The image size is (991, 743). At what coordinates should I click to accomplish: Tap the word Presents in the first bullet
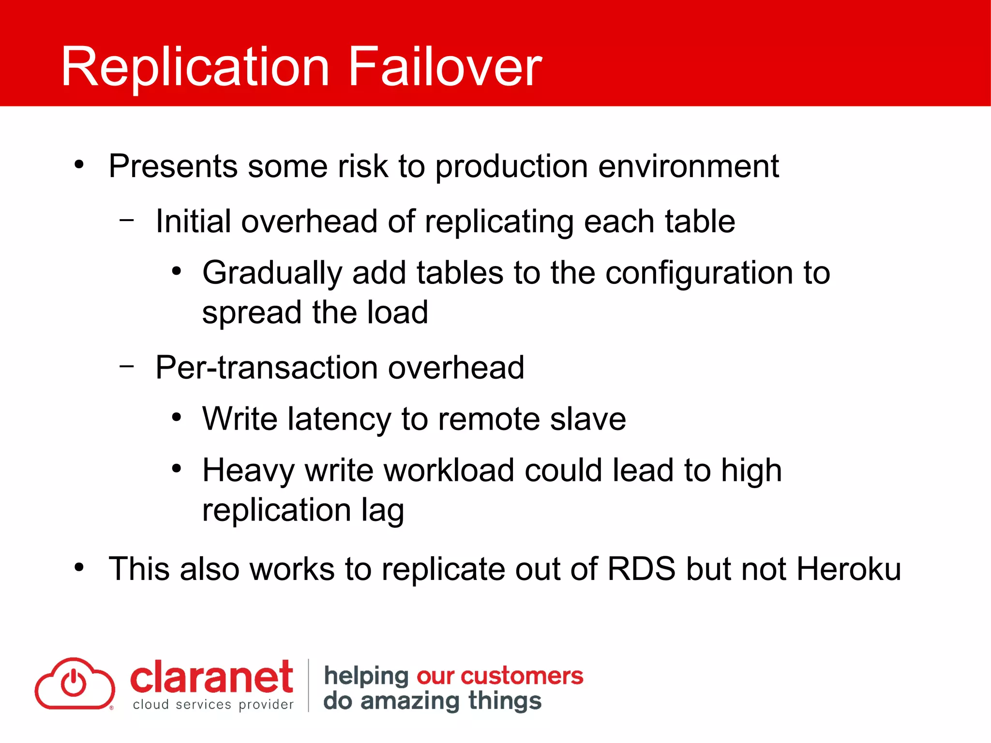[173, 166]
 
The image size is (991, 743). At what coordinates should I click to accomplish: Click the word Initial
[193, 221]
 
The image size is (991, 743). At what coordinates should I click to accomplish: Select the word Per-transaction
[266, 367]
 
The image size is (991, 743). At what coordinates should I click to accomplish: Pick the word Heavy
[248, 470]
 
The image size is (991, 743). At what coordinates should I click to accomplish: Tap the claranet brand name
[211, 677]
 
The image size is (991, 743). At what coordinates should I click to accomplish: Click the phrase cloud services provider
[213, 705]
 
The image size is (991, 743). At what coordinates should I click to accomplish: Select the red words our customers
[499, 676]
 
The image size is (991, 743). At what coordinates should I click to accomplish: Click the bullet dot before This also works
[79, 567]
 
